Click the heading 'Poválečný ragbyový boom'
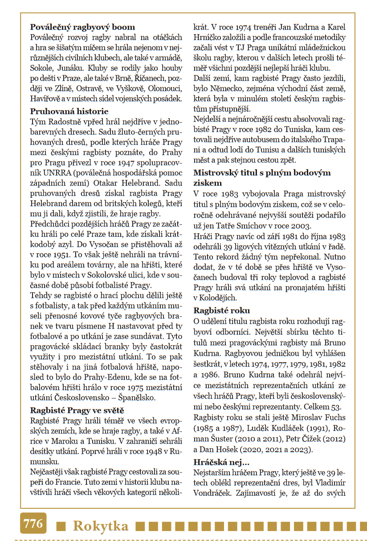pyautogui.click(x=82, y=27)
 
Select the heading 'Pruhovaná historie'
pyautogui.click(x=69, y=111)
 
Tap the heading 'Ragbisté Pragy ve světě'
pyautogui.click(x=77, y=410)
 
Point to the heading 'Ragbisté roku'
pyautogui.click(x=221, y=310)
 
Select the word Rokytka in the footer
pyautogui.click(x=100, y=526)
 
